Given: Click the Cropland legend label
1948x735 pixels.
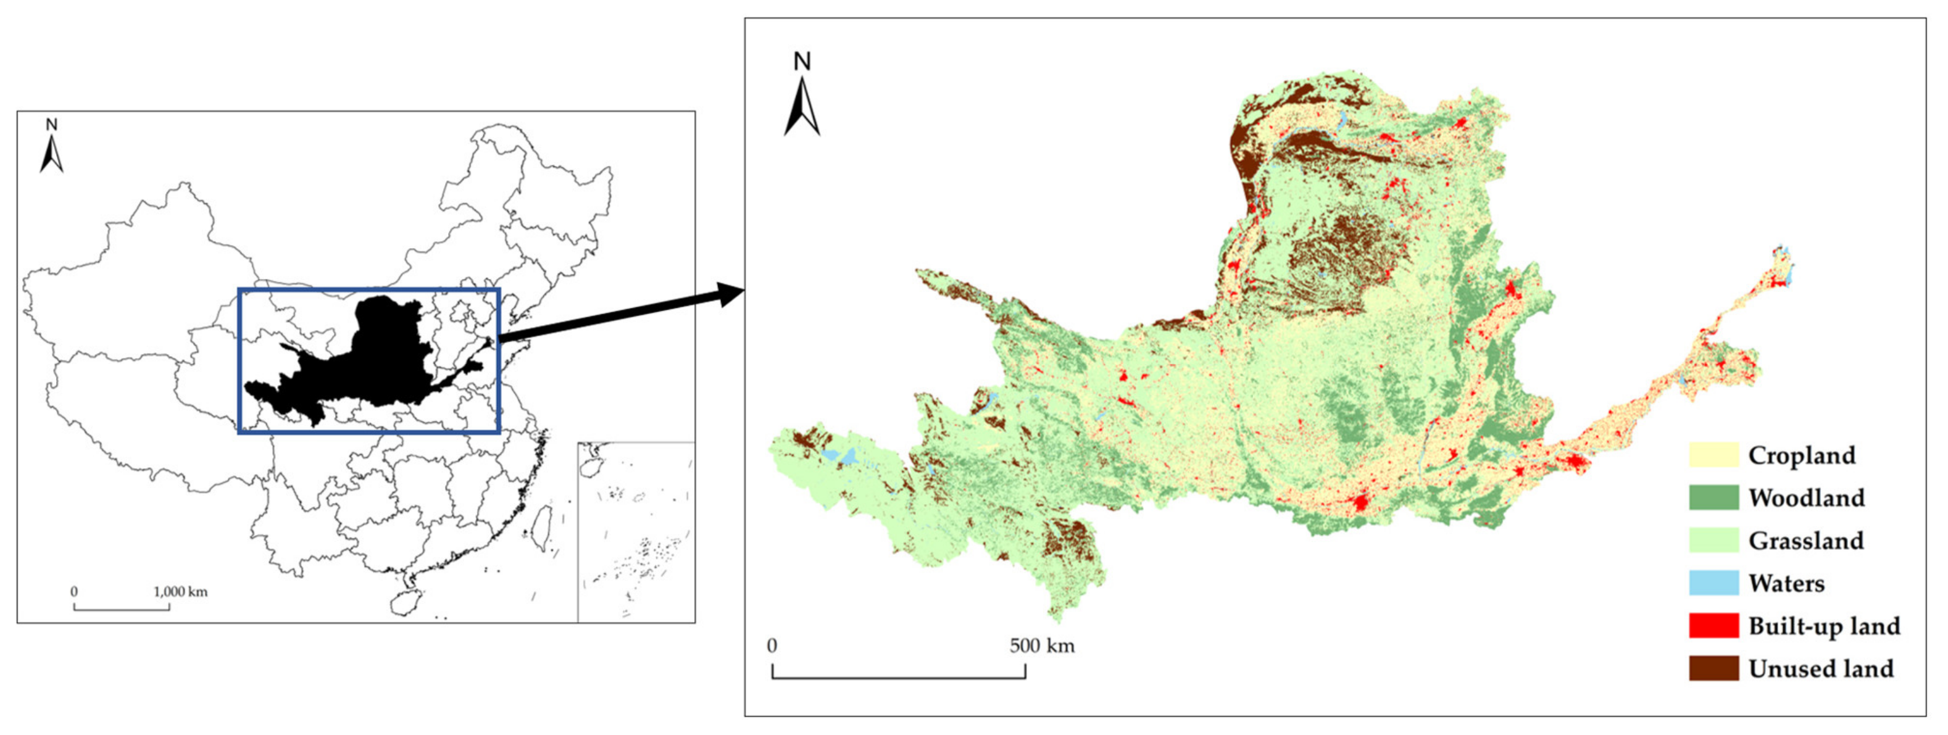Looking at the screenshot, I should click(1801, 455).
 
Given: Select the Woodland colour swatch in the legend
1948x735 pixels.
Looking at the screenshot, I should click(1713, 497).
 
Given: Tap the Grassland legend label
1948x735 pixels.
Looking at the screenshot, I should click(1806, 541).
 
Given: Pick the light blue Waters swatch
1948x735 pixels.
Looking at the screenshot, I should click(1713, 583).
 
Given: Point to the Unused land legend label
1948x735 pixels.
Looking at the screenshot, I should click(1821, 668).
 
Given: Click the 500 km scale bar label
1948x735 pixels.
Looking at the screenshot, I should click(1041, 646).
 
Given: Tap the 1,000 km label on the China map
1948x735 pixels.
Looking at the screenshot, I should click(181, 591).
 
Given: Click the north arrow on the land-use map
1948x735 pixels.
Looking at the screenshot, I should click(802, 106).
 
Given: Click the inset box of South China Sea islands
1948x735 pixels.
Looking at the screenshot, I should click(636, 531).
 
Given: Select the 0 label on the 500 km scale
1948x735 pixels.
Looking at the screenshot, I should click(772, 646).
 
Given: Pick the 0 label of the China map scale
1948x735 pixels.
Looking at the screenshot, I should click(74, 591).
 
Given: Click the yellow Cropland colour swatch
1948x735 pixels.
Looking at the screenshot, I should click(1713, 455).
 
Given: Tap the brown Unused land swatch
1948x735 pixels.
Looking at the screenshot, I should click(1713, 668).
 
